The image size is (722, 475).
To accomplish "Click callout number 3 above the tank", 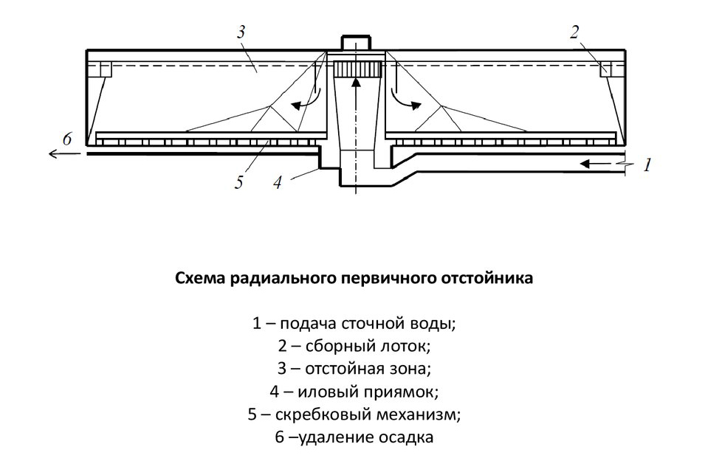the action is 241,32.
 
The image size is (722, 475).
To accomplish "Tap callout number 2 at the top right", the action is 574,32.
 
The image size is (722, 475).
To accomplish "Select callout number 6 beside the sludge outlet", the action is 67,139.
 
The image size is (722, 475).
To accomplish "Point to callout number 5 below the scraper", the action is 238,183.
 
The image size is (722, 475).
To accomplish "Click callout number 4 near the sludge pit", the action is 277,183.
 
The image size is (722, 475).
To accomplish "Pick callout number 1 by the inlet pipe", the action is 647,164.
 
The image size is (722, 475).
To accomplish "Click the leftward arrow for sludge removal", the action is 64,153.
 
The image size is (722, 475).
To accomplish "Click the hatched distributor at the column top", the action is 355,69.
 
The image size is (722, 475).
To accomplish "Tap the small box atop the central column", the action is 356,43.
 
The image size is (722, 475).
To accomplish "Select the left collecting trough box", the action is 106,69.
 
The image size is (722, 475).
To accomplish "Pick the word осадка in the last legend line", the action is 406,437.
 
